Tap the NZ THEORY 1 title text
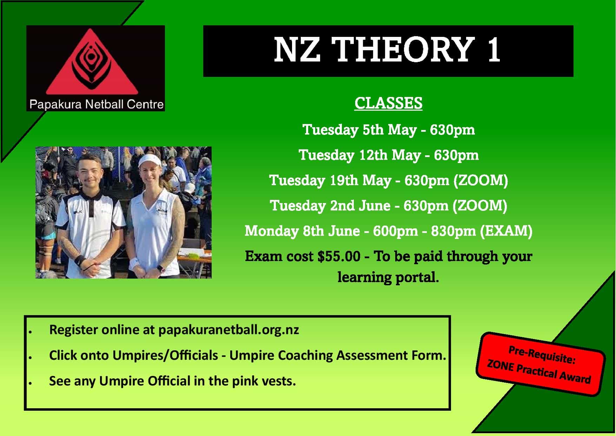click(388, 50)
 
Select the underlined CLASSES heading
click(388, 103)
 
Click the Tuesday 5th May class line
click(389, 130)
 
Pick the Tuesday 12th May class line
click(389, 155)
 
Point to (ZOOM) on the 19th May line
click(481, 181)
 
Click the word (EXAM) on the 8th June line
click(506, 231)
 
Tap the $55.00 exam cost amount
click(339, 256)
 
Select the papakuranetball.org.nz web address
click(229, 330)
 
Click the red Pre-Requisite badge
click(540, 364)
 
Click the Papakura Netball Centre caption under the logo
click(97, 104)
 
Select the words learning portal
click(388, 278)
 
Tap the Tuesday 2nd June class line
click(389, 206)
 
